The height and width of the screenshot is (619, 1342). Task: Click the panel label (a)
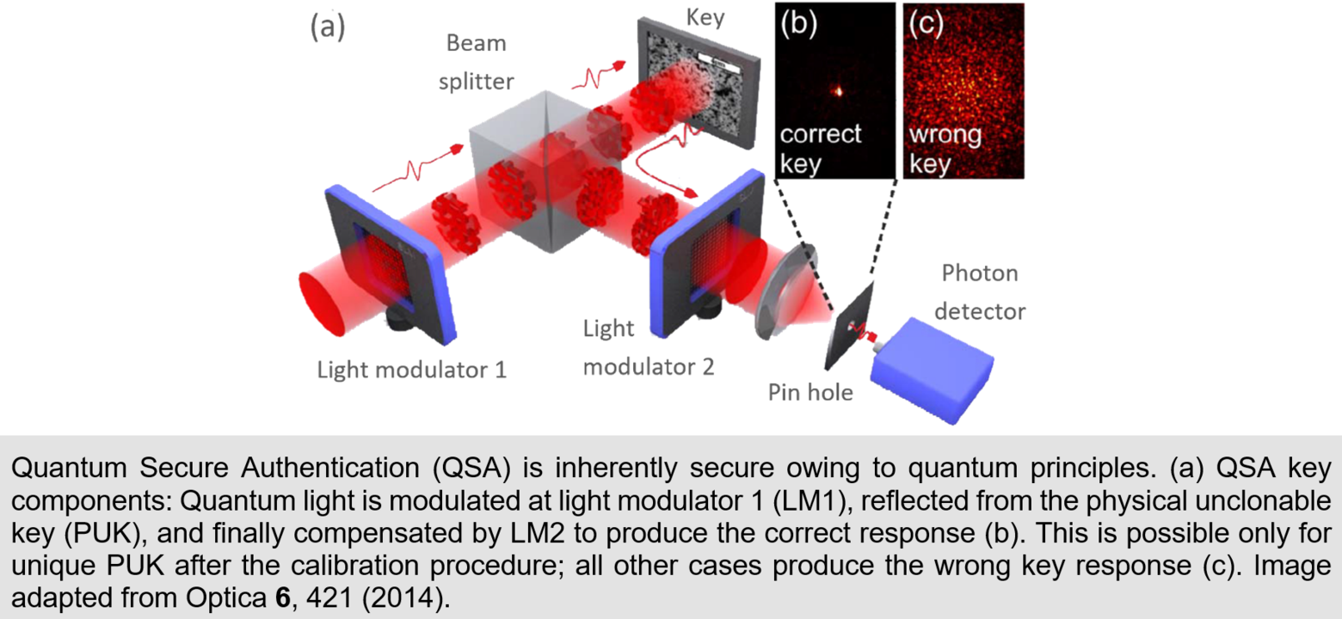coord(327,28)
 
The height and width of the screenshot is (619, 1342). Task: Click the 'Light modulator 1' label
coord(412,371)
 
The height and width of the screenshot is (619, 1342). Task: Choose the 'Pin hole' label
coord(810,393)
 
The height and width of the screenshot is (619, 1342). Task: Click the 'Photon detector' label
coord(980,292)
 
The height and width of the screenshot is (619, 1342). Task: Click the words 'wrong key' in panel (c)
coord(945,149)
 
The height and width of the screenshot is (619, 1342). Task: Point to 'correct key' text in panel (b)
coord(820,149)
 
